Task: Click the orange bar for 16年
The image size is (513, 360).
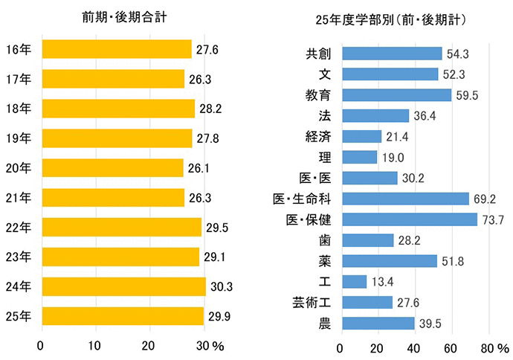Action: [x=116, y=49]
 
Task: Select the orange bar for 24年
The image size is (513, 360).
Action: [x=123, y=286]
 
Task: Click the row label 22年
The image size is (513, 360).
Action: [x=18, y=227]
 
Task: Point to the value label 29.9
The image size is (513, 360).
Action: [x=218, y=316]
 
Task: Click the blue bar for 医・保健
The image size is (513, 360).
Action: [x=409, y=219]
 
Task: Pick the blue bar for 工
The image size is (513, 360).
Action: [x=354, y=281]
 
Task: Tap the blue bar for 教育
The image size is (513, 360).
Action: [x=396, y=95]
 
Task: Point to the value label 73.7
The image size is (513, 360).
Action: [x=493, y=219]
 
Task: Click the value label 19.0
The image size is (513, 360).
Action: [x=393, y=157]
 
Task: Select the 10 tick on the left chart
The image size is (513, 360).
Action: [x=95, y=345]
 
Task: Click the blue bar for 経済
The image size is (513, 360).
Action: [x=361, y=137]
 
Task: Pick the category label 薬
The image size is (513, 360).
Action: [x=325, y=260]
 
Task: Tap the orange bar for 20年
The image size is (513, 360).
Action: [x=112, y=168]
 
